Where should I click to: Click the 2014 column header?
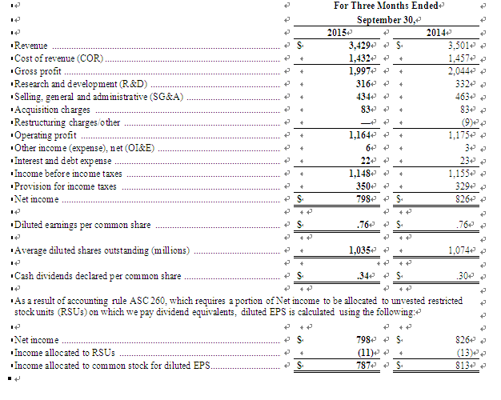point(436,32)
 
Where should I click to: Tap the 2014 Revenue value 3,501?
point(458,46)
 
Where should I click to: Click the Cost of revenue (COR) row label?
point(59,58)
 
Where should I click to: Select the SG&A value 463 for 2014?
point(461,96)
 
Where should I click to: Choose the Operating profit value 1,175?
point(458,135)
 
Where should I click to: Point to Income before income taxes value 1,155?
point(458,173)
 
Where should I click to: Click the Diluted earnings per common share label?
point(83,225)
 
